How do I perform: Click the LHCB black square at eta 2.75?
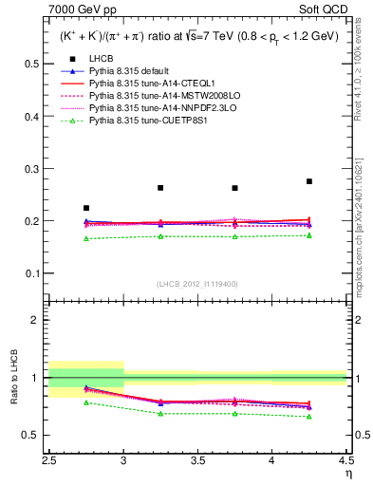pos(86,208)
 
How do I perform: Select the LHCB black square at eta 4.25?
pos(309,181)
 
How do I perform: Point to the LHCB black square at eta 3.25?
pos(160,188)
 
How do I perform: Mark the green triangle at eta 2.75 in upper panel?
pos(86,238)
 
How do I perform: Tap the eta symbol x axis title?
pos(348,472)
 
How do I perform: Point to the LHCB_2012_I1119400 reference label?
pos(198,285)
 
